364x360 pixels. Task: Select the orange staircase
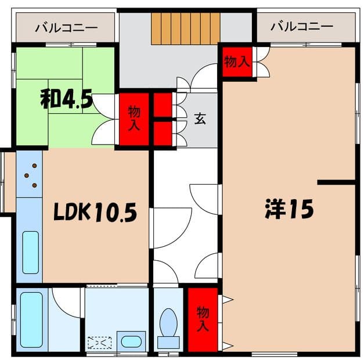186,28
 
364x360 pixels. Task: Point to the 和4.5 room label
66,99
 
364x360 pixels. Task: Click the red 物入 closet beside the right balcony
236,62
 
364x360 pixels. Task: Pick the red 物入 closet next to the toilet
202,319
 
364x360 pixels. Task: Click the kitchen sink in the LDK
30,251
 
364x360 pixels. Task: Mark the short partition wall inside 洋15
336,182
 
